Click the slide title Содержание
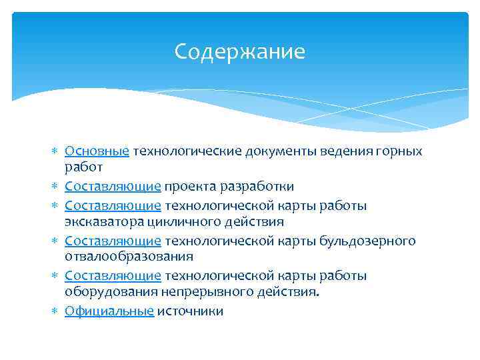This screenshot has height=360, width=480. [x=239, y=51]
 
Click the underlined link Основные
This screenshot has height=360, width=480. [x=97, y=151]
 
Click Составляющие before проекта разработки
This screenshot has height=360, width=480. [x=113, y=186]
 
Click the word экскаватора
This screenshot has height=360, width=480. [x=105, y=221]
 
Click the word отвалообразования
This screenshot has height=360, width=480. [x=129, y=256]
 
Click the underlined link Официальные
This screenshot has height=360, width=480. [x=109, y=311]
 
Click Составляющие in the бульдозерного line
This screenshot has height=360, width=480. [x=113, y=241]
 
